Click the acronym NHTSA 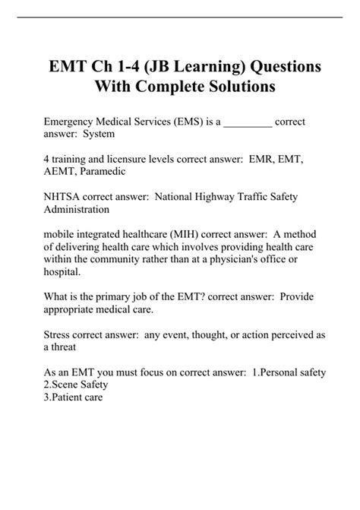coord(63,196)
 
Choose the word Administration coord(77,209)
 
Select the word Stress coord(58,333)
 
